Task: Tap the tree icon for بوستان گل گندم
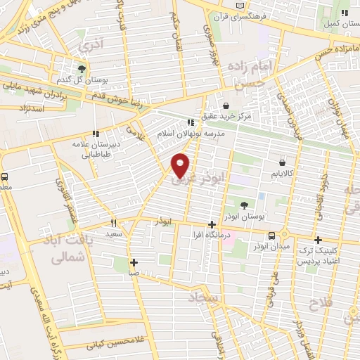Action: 82,69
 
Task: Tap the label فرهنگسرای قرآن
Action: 275,14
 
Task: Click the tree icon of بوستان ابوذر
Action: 243,205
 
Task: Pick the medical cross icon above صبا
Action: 134,262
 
